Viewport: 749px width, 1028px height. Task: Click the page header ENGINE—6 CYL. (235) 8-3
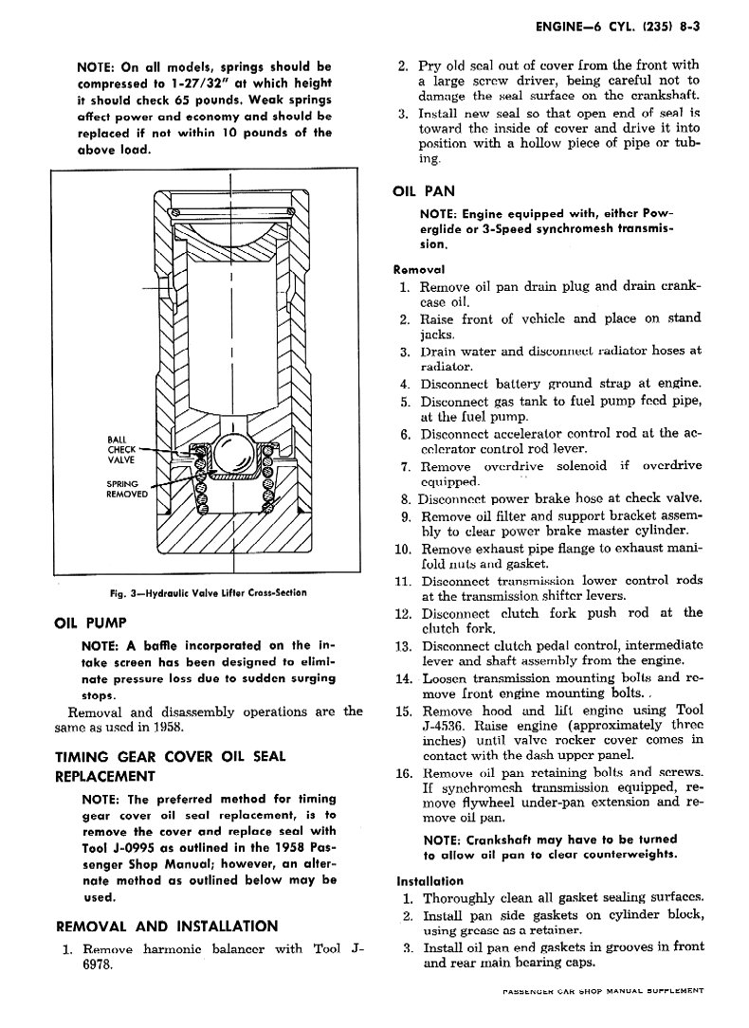pyautogui.click(x=616, y=28)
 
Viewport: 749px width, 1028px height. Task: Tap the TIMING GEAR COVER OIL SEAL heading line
pyautogui.click(x=171, y=756)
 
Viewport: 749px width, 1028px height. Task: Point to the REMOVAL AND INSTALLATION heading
pyautogui.click(x=168, y=926)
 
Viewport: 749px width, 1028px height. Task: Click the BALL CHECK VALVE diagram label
pyautogui.click(x=120, y=450)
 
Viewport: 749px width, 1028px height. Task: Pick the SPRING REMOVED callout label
pyautogui.click(x=125, y=488)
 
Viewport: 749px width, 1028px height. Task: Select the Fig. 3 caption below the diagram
pyautogui.click(x=208, y=593)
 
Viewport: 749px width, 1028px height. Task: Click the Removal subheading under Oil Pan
pyautogui.click(x=419, y=268)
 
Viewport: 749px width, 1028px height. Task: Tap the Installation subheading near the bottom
pyautogui.click(x=429, y=880)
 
